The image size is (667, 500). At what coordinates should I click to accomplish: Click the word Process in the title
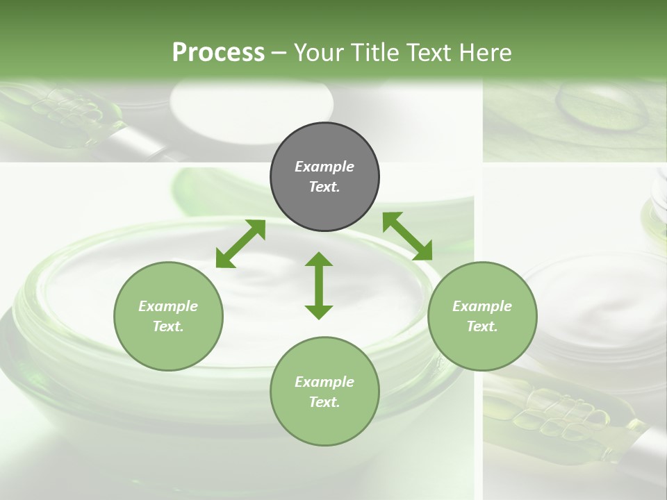click(x=218, y=53)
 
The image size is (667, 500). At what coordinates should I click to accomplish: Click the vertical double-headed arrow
click(x=319, y=285)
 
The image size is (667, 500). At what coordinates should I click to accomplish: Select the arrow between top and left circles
click(x=240, y=244)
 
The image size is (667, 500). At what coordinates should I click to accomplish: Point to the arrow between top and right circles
click(x=407, y=236)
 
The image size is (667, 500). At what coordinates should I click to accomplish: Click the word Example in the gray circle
click(x=324, y=167)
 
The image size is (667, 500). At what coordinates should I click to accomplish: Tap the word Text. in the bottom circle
click(x=324, y=402)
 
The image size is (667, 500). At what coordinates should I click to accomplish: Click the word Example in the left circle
click(x=168, y=306)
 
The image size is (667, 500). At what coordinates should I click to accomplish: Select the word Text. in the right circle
click(x=482, y=326)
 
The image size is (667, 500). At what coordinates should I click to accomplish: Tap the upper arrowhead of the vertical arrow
click(x=319, y=260)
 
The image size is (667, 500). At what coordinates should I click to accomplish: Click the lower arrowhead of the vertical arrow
click(x=319, y=311)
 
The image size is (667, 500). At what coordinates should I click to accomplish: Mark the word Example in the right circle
click(x=482, y=306)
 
